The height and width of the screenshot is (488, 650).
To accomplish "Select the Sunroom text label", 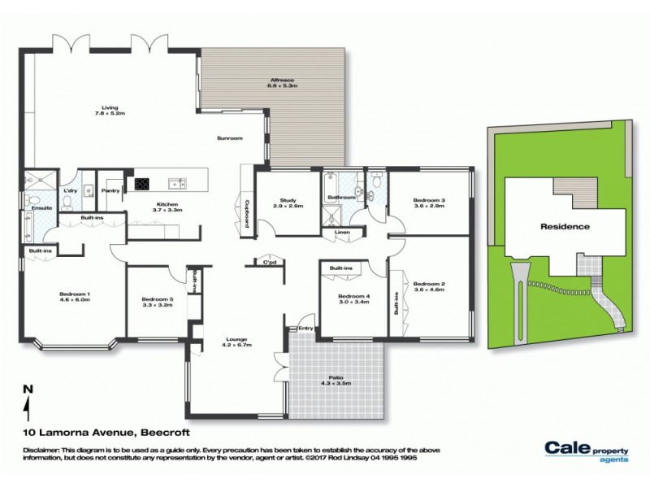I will click(230, 138).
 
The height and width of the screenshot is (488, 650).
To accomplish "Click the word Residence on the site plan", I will click(565, 227).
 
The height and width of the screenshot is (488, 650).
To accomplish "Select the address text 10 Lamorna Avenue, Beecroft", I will click(101, 433).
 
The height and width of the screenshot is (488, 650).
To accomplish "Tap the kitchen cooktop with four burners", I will click(142, 183).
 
